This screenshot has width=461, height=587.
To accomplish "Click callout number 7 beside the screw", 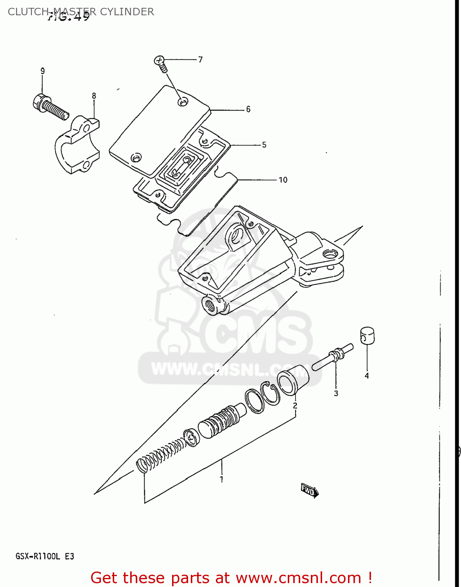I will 200,59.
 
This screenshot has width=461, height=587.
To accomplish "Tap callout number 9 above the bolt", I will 43,71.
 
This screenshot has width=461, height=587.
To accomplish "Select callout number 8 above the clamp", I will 94,96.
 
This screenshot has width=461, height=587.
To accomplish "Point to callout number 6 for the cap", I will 248,109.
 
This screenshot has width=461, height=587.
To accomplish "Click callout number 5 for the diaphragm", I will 264,145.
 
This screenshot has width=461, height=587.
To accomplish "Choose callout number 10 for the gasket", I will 283,180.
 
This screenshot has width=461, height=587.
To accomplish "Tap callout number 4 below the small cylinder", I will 367,376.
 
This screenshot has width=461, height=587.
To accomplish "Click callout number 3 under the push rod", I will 336,393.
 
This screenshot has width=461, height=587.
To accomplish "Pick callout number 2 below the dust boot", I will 295,405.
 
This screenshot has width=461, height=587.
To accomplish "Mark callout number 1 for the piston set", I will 222,479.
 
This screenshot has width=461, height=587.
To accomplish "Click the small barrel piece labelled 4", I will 367,335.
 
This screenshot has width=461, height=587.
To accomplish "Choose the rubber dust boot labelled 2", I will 293,379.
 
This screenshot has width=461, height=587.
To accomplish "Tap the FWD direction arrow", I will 309,490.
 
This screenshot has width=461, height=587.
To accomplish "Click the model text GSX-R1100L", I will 38,556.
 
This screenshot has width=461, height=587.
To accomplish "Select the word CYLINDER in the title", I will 127,12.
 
